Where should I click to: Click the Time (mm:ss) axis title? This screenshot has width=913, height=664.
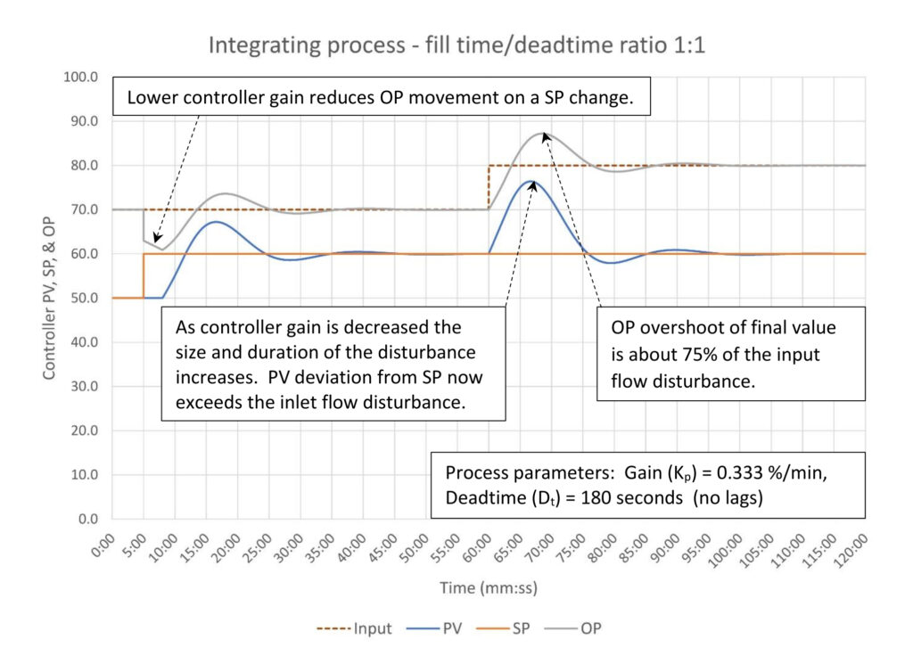pos(487,588)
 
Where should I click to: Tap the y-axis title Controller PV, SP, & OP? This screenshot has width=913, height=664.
pos(50,298)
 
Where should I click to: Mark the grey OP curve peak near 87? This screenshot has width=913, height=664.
pos(545,134)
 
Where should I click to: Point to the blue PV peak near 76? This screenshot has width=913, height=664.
pos(533,182)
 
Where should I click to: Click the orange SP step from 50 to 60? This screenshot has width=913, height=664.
pos(144,276)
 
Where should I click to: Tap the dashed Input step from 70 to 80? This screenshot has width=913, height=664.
pos(489,187)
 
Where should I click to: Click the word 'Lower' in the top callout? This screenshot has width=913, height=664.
pos(151,98)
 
